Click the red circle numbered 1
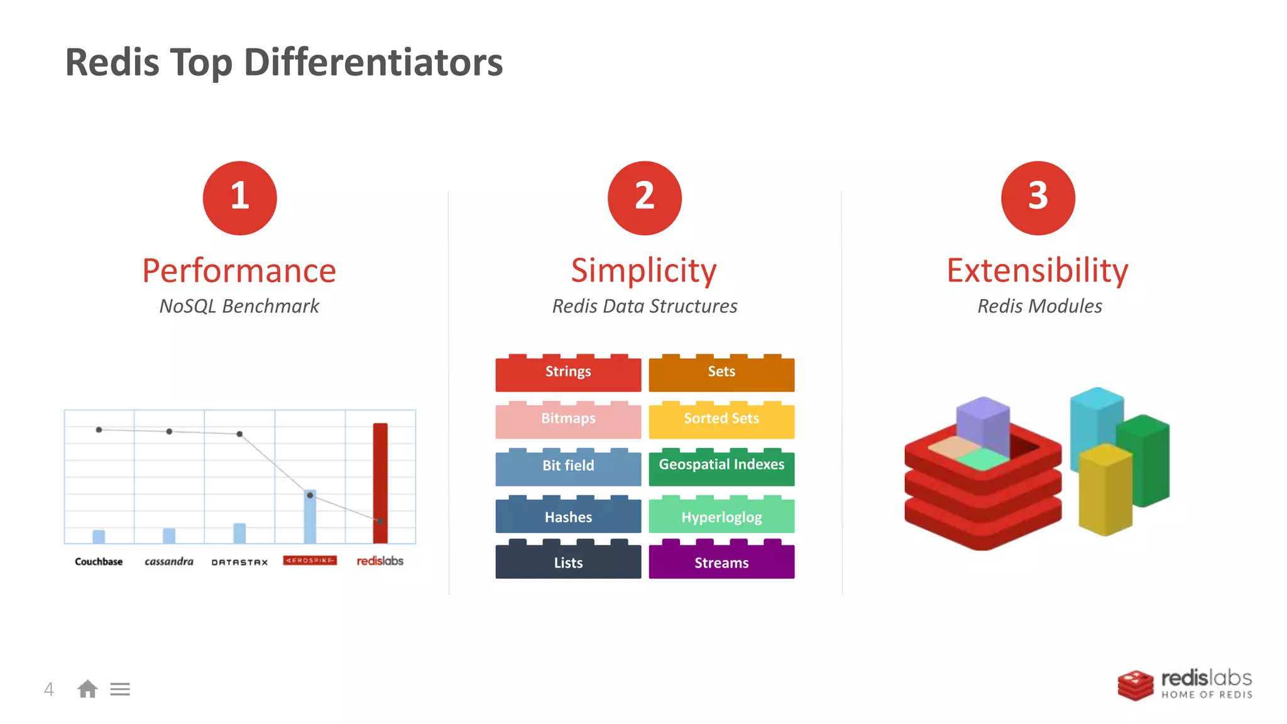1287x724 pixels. coord(239,198)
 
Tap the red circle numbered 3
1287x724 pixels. coord(1038,198)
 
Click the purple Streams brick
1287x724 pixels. coord(721,562)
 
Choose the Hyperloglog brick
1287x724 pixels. coord(721,517)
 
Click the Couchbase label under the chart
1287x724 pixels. coord(99,561)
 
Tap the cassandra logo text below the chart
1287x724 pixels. coord(169,561)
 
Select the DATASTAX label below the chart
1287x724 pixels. coord(239,562)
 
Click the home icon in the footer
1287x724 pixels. coord(87,689)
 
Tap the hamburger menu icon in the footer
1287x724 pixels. coord(120,689)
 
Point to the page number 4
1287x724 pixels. coord(49,689)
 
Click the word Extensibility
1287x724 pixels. coord(1038,271)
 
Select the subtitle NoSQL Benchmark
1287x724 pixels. coord(239,306)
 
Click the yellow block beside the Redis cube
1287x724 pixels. coord(1105,490)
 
